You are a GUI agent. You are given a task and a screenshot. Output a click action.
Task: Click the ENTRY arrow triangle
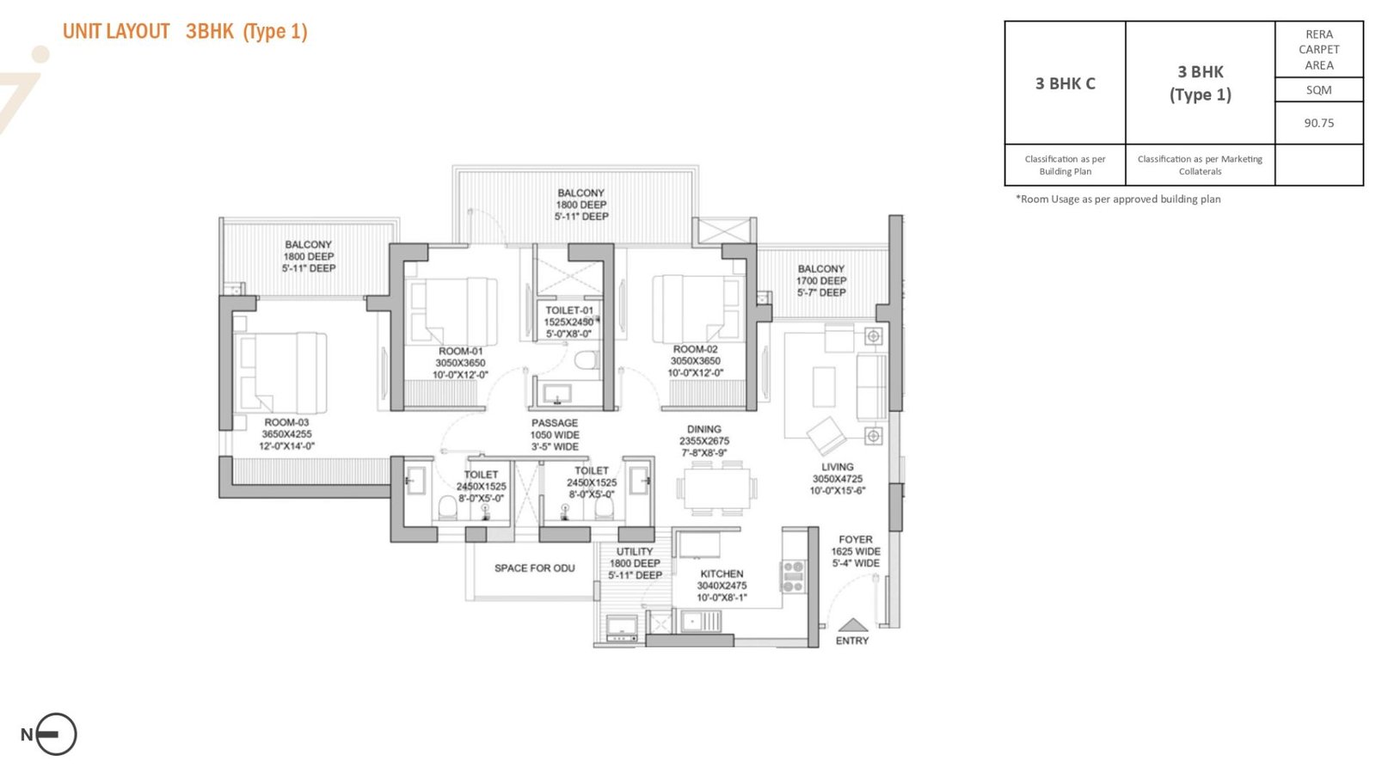pos(853,625)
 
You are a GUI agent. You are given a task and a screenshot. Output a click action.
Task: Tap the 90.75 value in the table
pos(1319,123)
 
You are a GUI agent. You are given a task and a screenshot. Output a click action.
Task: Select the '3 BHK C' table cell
pos(1066,83)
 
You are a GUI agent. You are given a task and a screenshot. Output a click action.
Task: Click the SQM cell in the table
pos(1319,89)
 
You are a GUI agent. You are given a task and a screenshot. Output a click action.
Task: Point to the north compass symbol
pos(55,733)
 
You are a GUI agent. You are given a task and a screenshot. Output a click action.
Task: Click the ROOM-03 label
pos(287,422)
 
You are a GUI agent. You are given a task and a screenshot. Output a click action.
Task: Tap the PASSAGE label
pos(555,423)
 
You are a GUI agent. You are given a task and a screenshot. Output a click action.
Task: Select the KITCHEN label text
pos(722,574)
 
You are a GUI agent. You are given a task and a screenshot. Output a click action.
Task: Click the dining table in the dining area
pos(717,488)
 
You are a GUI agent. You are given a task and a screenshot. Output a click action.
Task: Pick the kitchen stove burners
pos(793,577)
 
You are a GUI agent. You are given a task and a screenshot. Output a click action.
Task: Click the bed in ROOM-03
pos(280,373)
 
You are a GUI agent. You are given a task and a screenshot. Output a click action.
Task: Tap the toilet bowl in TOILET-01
pos(587,359)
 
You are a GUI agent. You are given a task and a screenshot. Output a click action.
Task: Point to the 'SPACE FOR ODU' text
pos(534,568)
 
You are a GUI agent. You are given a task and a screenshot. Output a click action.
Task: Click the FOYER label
pos(856,540)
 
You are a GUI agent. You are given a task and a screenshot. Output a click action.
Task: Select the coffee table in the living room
pos(824,387)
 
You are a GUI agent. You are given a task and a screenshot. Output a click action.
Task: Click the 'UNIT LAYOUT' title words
pos(116,31)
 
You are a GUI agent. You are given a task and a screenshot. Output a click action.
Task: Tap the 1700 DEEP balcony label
pos(821,280)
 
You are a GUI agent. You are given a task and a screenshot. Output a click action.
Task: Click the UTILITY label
pos(635,551)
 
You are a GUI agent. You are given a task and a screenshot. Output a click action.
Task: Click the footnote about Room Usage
pos(1118,199)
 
